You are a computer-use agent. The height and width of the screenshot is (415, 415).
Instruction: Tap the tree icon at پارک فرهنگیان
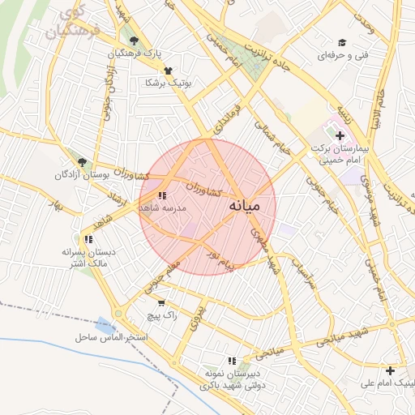(x=134, y=41)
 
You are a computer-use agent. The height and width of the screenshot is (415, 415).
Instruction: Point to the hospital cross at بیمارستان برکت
(x=340, y=135)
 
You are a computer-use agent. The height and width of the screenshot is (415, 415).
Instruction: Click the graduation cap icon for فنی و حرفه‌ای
(x=342, y=42)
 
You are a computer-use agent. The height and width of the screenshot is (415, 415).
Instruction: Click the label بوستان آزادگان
(x=81, y=174)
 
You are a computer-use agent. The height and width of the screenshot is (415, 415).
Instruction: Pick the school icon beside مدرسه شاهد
(x=162, y=195)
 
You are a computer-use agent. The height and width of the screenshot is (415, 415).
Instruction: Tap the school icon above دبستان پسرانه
(x=88, y=239)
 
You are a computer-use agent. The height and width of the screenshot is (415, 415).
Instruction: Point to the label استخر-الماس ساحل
(x=111, y=336)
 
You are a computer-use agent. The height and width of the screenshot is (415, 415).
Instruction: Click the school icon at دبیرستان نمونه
(x=232, y=361)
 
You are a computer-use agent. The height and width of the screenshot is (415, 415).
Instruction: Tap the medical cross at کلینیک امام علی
(x=391, y=370)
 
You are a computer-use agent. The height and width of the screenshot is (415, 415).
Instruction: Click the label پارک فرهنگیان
(x=135, y=53)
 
